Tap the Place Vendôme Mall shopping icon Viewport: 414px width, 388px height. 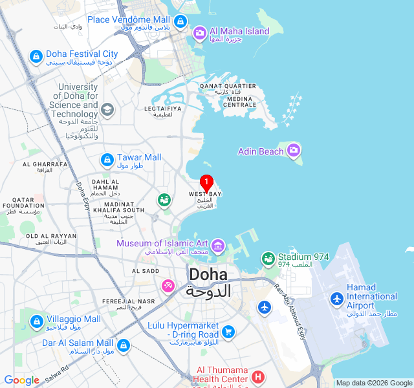pos(180,21)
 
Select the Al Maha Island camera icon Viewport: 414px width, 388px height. pos(199,32)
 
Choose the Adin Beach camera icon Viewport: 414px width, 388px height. pos(294,151)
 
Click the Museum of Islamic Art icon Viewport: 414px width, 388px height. pos(217,245)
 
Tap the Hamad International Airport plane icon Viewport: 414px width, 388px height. pos(336,299)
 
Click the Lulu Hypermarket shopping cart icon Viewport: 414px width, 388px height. pos(228,332)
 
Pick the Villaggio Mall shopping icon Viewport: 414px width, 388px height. pos(36,321)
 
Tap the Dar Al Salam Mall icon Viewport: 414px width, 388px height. pos(123,345)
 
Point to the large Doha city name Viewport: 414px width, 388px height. pos(209,275)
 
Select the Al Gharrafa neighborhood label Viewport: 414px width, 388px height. pos(45,164)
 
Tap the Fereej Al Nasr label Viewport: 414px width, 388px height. pos(128,301)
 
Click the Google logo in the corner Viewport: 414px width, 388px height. pos(21,380)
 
